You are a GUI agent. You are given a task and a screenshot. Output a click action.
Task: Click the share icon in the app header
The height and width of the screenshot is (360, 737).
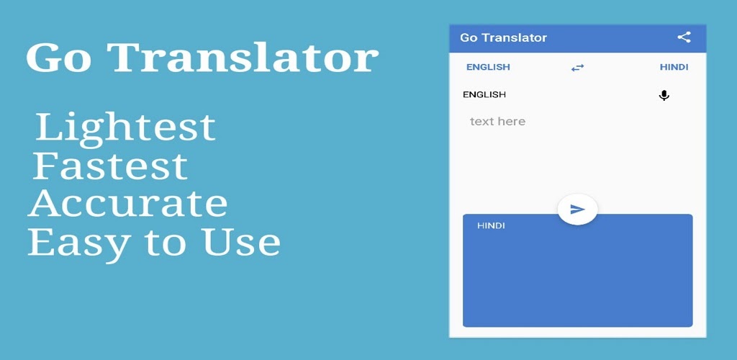(x=684, y=37)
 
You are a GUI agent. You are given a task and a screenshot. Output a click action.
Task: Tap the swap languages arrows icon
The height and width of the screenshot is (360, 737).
(x=577, y=68)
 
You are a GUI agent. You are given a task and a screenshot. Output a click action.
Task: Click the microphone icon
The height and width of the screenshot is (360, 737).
(x=664, y=95)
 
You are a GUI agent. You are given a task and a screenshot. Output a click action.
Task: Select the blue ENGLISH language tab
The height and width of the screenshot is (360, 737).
(x=488, y=67)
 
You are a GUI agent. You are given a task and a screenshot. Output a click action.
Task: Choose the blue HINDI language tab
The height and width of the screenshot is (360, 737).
(x=674, y=67)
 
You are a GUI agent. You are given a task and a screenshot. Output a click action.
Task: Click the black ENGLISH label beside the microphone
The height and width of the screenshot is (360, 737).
(x=484, y=94)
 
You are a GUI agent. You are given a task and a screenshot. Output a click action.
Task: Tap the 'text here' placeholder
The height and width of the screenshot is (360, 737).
(x=497, y=122)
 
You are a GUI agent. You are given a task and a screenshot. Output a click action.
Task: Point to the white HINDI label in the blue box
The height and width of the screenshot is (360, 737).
(x=491, y=225)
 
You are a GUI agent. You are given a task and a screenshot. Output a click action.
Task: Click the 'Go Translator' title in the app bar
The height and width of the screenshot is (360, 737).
(x=503, y=37)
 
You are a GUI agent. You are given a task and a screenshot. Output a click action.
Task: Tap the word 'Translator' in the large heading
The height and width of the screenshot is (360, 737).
(x=244, y=57)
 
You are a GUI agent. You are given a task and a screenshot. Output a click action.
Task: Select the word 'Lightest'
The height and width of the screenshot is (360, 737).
(x=125, y=127)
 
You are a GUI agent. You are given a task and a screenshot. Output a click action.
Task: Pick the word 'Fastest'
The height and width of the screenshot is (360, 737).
(x=110, y=166)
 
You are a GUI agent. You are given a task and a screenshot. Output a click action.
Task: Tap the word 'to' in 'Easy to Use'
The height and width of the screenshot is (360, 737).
(x=163, y=243)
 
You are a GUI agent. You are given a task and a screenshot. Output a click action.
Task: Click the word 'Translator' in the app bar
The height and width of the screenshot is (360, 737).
(x=514, y=37)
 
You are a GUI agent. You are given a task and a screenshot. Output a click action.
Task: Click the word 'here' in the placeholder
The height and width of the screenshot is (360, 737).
(x=512, y=122)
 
